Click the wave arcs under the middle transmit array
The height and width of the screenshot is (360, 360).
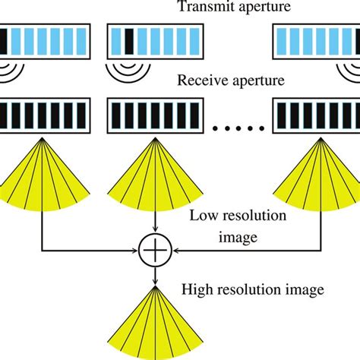click(125, 73)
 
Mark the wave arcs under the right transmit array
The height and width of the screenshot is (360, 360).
click(349, 73)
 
